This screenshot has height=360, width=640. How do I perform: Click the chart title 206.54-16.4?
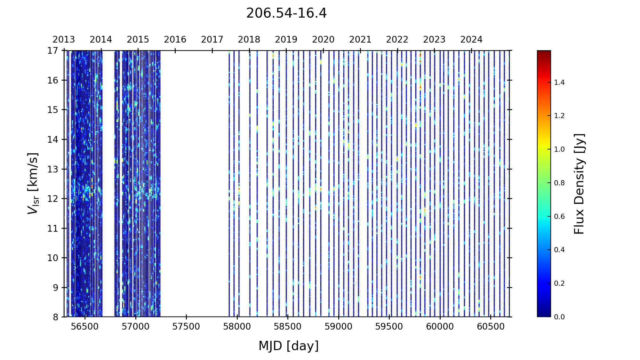click(286, 13)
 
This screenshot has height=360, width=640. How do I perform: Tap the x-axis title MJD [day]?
click(289, 346)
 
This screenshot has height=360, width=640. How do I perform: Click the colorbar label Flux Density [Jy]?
click(579, 184)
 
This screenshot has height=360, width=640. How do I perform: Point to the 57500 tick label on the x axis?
click(186, 327)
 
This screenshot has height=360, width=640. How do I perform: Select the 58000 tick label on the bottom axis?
click(237, 327)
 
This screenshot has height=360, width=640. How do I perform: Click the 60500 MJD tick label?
click(491, 327)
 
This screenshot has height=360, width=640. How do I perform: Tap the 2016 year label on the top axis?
click(175, 40)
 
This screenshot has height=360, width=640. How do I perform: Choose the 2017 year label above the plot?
click(212, 40)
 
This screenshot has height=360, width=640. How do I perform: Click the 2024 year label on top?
click(471, 40)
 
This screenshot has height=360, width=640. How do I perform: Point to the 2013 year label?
click(64, 40)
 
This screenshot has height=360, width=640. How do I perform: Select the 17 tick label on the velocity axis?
click(53, 51)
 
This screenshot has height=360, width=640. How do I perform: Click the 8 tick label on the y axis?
click(56, 317)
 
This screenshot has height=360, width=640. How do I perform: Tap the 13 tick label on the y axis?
click(53, 169)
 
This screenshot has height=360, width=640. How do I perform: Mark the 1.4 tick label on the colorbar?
click(559, 83)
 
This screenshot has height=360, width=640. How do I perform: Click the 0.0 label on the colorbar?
click(559, 317)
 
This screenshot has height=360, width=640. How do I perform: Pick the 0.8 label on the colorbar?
click(559, 183)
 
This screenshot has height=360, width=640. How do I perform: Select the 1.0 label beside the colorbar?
click(559, 149)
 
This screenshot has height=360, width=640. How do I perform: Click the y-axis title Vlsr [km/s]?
click(33, 184)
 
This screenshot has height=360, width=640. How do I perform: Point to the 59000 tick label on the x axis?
click(339, 327)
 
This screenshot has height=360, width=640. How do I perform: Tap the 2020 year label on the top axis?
click(323, 40)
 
